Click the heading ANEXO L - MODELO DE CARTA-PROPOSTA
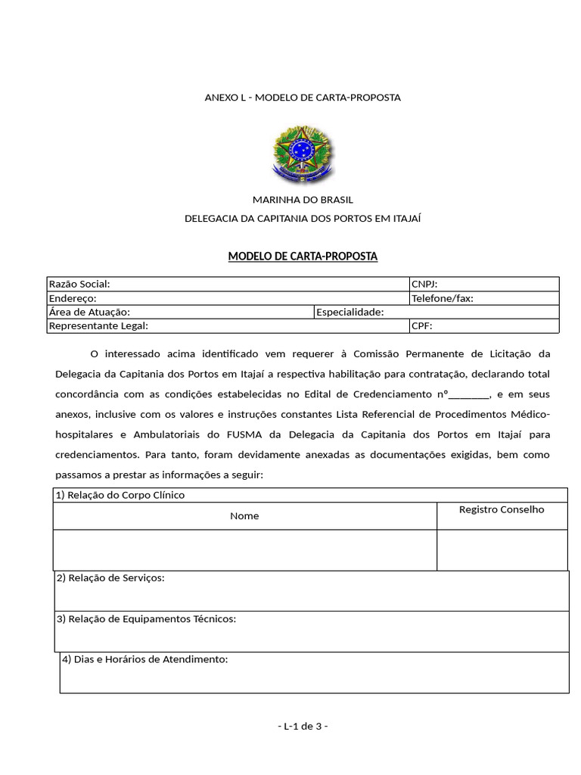[303, 98]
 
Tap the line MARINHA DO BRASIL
[303, 200]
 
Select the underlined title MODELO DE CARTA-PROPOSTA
[303, 257]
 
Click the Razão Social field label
[79, 284]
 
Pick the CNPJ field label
[424, 284]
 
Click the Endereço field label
[73, 298]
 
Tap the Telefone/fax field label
[443, 298]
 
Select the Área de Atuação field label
[89, 312]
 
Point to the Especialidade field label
[350, 312]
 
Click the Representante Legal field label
[98, 325]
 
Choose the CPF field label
[422, 325]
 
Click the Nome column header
[244, 515]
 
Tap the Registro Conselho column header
[502, 509]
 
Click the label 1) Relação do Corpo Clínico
[120, 495]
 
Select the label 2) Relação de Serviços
[110, 578]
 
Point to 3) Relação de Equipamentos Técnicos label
[147, 619]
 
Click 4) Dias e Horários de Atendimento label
[145, 659]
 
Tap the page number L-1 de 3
[303, 726]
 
